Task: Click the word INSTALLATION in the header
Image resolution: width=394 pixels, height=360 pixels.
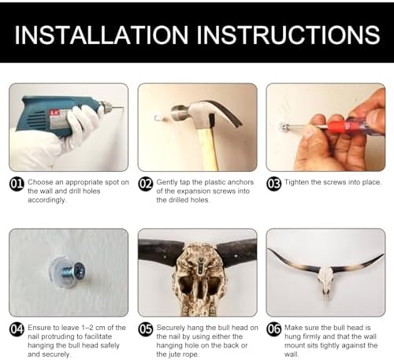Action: [x=102, y=35]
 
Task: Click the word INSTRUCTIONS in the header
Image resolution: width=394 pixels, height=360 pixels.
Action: [x=288, y=35]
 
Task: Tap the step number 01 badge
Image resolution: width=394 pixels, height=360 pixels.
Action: [x=17, y=184]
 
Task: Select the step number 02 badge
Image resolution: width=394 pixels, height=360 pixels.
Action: [x=146, y=184]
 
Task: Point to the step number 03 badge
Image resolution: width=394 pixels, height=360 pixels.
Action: [x=274, y=184]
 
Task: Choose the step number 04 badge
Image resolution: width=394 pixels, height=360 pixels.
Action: [x=17, y=329]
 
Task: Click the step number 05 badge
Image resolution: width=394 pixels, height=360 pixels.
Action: [x=146, y=329]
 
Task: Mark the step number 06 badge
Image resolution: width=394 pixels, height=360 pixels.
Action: [x=274, y=329]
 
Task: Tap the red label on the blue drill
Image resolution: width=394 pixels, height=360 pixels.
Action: [x=54, y=113]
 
